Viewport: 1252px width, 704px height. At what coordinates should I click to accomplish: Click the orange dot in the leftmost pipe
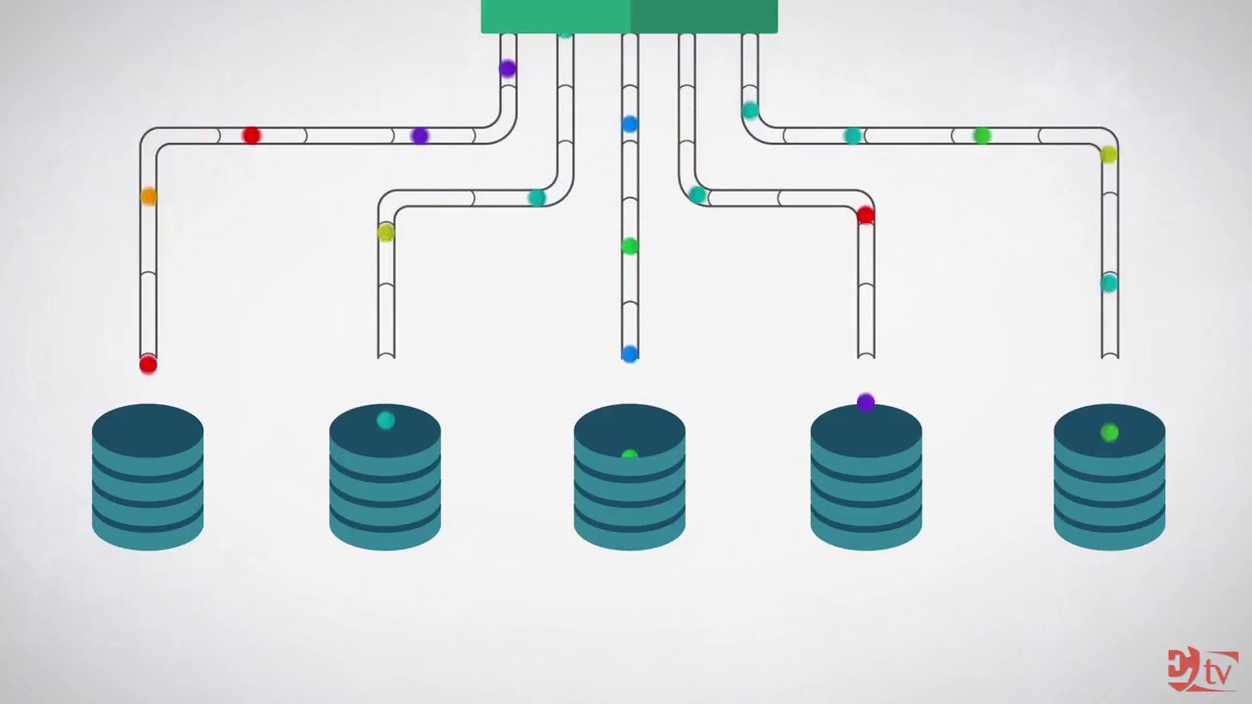[149, 197]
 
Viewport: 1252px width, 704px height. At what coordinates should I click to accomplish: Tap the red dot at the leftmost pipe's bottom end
[148, 365]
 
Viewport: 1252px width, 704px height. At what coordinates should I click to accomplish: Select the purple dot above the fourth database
[866, 402]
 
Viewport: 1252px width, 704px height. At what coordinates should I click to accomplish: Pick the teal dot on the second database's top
[385, 420]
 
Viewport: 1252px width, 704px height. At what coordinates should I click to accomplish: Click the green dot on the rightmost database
[1109, 432]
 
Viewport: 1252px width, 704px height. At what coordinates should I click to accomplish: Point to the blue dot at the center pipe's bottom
[630, 354]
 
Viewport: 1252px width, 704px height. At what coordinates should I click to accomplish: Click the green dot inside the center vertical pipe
[630, 246]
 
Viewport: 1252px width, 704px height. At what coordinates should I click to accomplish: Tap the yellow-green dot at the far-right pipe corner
[1108, 154]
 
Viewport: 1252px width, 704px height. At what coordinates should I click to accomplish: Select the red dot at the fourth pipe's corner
[866, 215]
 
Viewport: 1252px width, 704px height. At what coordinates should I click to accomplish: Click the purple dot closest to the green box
[507, 68]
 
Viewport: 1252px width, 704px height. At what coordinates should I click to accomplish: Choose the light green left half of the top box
[556, 17]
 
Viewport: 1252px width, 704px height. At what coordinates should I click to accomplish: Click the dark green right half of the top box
[704, 17]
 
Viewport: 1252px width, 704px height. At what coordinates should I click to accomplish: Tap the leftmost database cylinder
[148, 477]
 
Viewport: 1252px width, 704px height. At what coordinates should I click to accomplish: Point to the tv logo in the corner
[1202, 670]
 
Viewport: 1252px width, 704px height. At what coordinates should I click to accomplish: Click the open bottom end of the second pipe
[386, 354]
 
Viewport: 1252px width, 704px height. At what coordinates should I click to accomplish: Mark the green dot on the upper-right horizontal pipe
[982, 136]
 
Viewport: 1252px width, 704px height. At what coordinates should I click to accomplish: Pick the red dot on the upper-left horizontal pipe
[251, 136]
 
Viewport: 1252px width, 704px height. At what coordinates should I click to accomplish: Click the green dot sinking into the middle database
[630, 455]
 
